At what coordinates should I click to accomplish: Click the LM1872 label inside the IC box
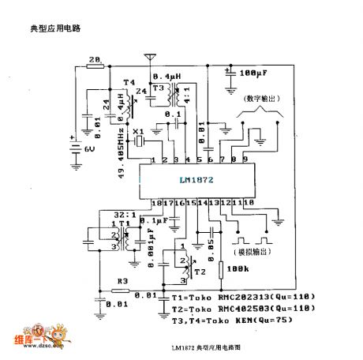(191, 180)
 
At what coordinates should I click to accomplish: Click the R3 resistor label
(122, 280)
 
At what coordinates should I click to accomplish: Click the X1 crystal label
(138, 131)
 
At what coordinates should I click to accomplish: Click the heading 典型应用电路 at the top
(55, 28)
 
